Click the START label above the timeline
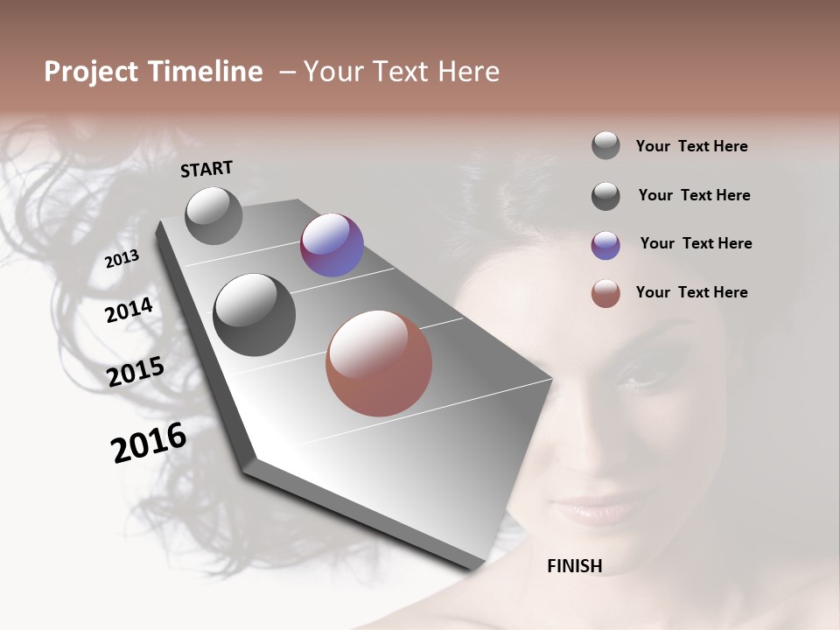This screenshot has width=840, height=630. point(206,168)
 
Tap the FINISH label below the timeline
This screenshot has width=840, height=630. point(574,566)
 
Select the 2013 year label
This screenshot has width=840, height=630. point(122,258)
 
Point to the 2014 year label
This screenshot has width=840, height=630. point(129,311)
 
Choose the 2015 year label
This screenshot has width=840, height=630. point(136,372)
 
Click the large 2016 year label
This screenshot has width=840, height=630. point(149,442)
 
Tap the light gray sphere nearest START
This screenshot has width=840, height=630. point(213,215)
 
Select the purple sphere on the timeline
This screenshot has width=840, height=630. point(332,245)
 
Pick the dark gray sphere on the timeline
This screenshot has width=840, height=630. point(255,314)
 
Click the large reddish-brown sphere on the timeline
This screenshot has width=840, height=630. point(379,363)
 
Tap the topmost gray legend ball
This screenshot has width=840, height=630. point(605,146)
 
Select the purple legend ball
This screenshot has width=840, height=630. point(605,245)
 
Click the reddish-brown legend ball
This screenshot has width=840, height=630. point(605,293)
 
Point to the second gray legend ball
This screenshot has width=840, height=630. point(605,196)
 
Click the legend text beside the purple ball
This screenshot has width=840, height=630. point(696,243)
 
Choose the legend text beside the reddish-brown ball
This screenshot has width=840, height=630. point(691,292)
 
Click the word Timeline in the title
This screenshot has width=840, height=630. point(205,72)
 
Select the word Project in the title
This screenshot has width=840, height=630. point(91,72)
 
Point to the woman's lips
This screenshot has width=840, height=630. point(595,507)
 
